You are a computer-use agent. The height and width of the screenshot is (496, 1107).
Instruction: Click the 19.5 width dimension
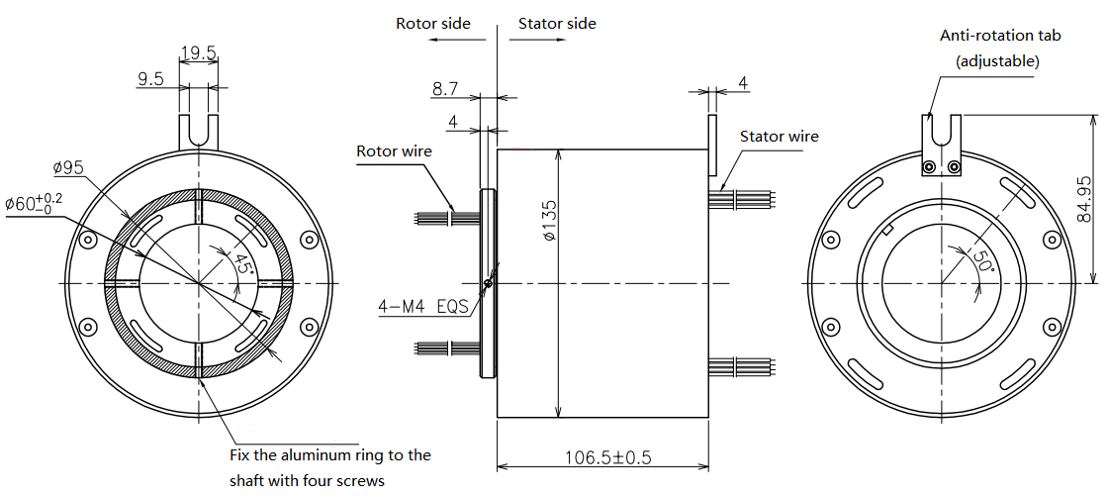[198, 53]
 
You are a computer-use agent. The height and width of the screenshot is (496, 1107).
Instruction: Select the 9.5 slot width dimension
[150, 79]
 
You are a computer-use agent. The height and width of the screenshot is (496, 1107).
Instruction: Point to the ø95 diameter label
[68, 168]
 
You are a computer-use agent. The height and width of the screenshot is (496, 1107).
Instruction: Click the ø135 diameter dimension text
[551, 221]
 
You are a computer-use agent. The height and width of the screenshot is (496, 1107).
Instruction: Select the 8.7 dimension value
[445, 88]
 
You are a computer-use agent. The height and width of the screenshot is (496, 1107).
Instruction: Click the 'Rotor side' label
[432, 23]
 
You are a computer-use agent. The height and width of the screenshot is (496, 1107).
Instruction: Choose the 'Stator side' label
[557, 23]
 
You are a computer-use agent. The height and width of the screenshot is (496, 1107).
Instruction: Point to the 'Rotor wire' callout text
[394, 150]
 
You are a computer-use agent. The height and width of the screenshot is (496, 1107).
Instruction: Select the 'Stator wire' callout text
[780, 136]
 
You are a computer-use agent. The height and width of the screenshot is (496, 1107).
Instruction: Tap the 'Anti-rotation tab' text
[1000, 35]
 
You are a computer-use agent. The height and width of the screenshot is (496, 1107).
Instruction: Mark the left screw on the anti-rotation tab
[929, 166]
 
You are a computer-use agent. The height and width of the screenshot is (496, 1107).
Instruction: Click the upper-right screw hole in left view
[309, 241]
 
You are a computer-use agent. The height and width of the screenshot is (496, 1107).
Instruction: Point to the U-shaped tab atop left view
[198, 132]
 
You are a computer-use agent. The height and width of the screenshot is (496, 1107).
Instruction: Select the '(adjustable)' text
[997, 61]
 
